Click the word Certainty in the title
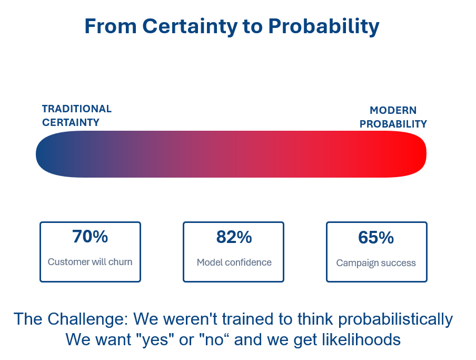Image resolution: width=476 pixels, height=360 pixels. pyautogui.click(x=190, y=26)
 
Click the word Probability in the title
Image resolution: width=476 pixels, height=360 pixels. pyautogui.click(x=324, y=26)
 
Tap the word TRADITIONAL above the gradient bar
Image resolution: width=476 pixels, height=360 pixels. pyautogui.click(x=77, y=109)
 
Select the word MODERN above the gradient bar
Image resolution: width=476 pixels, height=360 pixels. pyautogui.click(x=393, y=110)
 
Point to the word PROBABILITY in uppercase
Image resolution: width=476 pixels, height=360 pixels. pyautogui.click(x=393, y=124)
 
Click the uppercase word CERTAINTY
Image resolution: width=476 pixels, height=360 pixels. pyautogui.click(x=71, y=122)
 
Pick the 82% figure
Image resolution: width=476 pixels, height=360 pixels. pyautogui.click(x=234, y=237)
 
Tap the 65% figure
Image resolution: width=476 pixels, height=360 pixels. pyautogui.click(x=376, y=238)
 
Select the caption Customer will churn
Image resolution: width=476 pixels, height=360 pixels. pyautogui.click(x=90, y=262)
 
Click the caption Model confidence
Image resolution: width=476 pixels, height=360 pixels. pyautogui.click(x=234, y=262)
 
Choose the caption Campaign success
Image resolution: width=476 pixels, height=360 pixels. pyautogui.click(x=376, y=263)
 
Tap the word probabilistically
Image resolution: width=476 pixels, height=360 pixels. pyautogui.click(x=395, y=319)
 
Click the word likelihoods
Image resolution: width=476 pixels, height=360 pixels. pyautogui.click(x=361, y=339)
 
